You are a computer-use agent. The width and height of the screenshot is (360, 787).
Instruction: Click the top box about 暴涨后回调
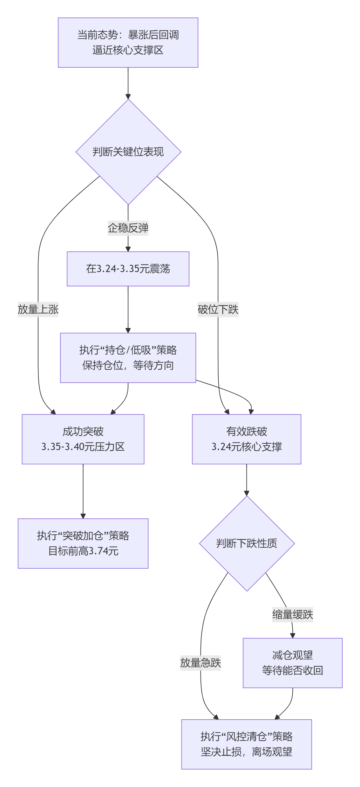pyautogui.click(x=128, y=43)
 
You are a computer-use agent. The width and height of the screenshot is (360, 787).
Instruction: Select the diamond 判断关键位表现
pyautogui.click(x=128, y=152)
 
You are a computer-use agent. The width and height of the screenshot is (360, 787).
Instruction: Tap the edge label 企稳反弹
pyautogui.click(x=128, y=228)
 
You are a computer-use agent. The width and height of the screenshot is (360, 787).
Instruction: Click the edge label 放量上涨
pyautogui.click(x=38, y=309)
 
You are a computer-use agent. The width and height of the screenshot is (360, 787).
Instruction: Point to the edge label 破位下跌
pyautogui.click(x=218, y=309)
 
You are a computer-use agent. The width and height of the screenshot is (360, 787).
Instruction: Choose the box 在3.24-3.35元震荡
pyautogui.click(x=128, y=269)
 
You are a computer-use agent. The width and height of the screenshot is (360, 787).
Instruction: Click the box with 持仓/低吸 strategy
pyautogui.click(x=128, y=358)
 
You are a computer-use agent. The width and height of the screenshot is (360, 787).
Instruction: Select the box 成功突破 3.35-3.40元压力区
pyautogui.click(x=83, y=439)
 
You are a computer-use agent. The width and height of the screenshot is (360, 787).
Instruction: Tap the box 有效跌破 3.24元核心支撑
pyautogui.click(x=247, y=439)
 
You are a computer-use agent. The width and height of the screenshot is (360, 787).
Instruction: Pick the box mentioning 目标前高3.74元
pyautogui.click(x=83, y=543)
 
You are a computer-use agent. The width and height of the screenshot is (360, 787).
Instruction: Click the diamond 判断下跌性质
pyautogui.click(x=247, y=543)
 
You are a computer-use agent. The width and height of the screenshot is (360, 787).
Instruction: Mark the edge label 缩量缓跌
pyautogui.click(x=293, y=614)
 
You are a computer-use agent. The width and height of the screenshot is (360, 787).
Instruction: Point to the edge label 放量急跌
pyautogui.click(x=200, y=663)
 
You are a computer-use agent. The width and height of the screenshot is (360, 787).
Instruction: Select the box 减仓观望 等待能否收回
pyautogui.click(x=293, y=663)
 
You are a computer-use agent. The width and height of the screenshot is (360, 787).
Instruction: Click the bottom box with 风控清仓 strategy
pyautogui.click(x=247, y=744)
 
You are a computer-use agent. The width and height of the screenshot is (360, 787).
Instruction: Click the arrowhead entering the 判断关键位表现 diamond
pyautogui.click(x=128, y=96)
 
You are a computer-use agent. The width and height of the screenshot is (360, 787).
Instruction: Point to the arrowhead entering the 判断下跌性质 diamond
pyautogui.click(x=247, y=493)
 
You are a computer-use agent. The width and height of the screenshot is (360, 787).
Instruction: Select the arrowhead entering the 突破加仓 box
pyautogui.click(x=83, y=516)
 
